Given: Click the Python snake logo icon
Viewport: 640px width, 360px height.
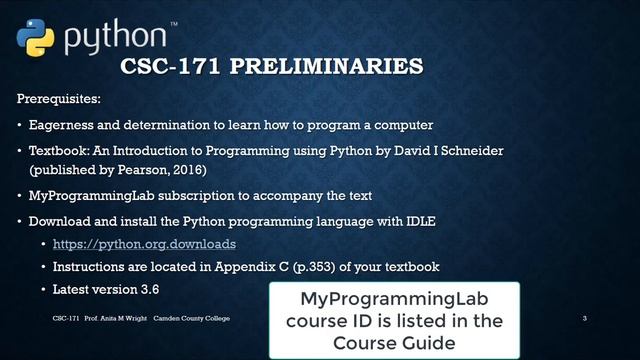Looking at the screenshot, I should (35, 35).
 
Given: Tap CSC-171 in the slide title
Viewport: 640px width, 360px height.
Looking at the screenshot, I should (164, 67).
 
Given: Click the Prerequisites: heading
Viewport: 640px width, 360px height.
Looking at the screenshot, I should (59, 101).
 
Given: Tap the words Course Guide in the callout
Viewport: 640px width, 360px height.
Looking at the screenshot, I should (394, 342).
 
